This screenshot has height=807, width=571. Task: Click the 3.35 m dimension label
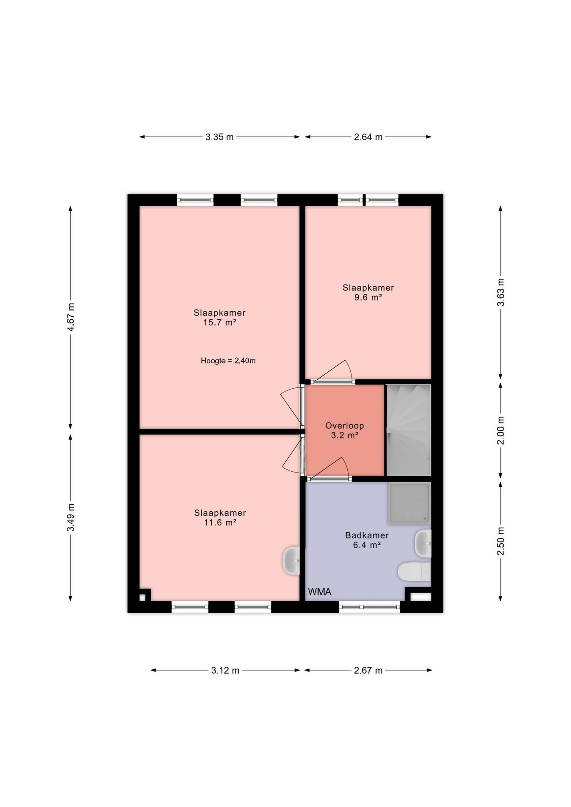(219, 137)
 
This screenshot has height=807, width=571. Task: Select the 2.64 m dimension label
(368, 137)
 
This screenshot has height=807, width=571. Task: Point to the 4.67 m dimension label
(71, 317)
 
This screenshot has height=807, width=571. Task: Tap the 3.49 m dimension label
(71, 517)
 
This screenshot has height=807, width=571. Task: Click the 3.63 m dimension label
(501, 292)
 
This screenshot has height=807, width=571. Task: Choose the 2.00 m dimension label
(501, 430)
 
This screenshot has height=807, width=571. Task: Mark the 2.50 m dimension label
(501, 541)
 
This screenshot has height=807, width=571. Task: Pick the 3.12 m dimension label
(225, 671)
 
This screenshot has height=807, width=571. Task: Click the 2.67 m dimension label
(368, 671)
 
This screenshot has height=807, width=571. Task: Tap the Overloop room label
(345, 426)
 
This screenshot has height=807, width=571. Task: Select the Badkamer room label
(367, 535)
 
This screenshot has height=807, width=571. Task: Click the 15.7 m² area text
(219, 322)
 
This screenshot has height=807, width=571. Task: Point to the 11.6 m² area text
(220, 523)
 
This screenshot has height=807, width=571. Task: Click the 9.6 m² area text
(368, 297)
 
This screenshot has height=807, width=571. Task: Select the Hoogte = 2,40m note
(228, 361)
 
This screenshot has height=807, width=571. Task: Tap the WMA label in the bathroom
(320, 592)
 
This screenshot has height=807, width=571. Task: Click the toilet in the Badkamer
(414, 572)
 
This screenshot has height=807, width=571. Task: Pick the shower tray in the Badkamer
(410, 503)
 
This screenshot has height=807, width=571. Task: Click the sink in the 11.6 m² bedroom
(291, 560)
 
